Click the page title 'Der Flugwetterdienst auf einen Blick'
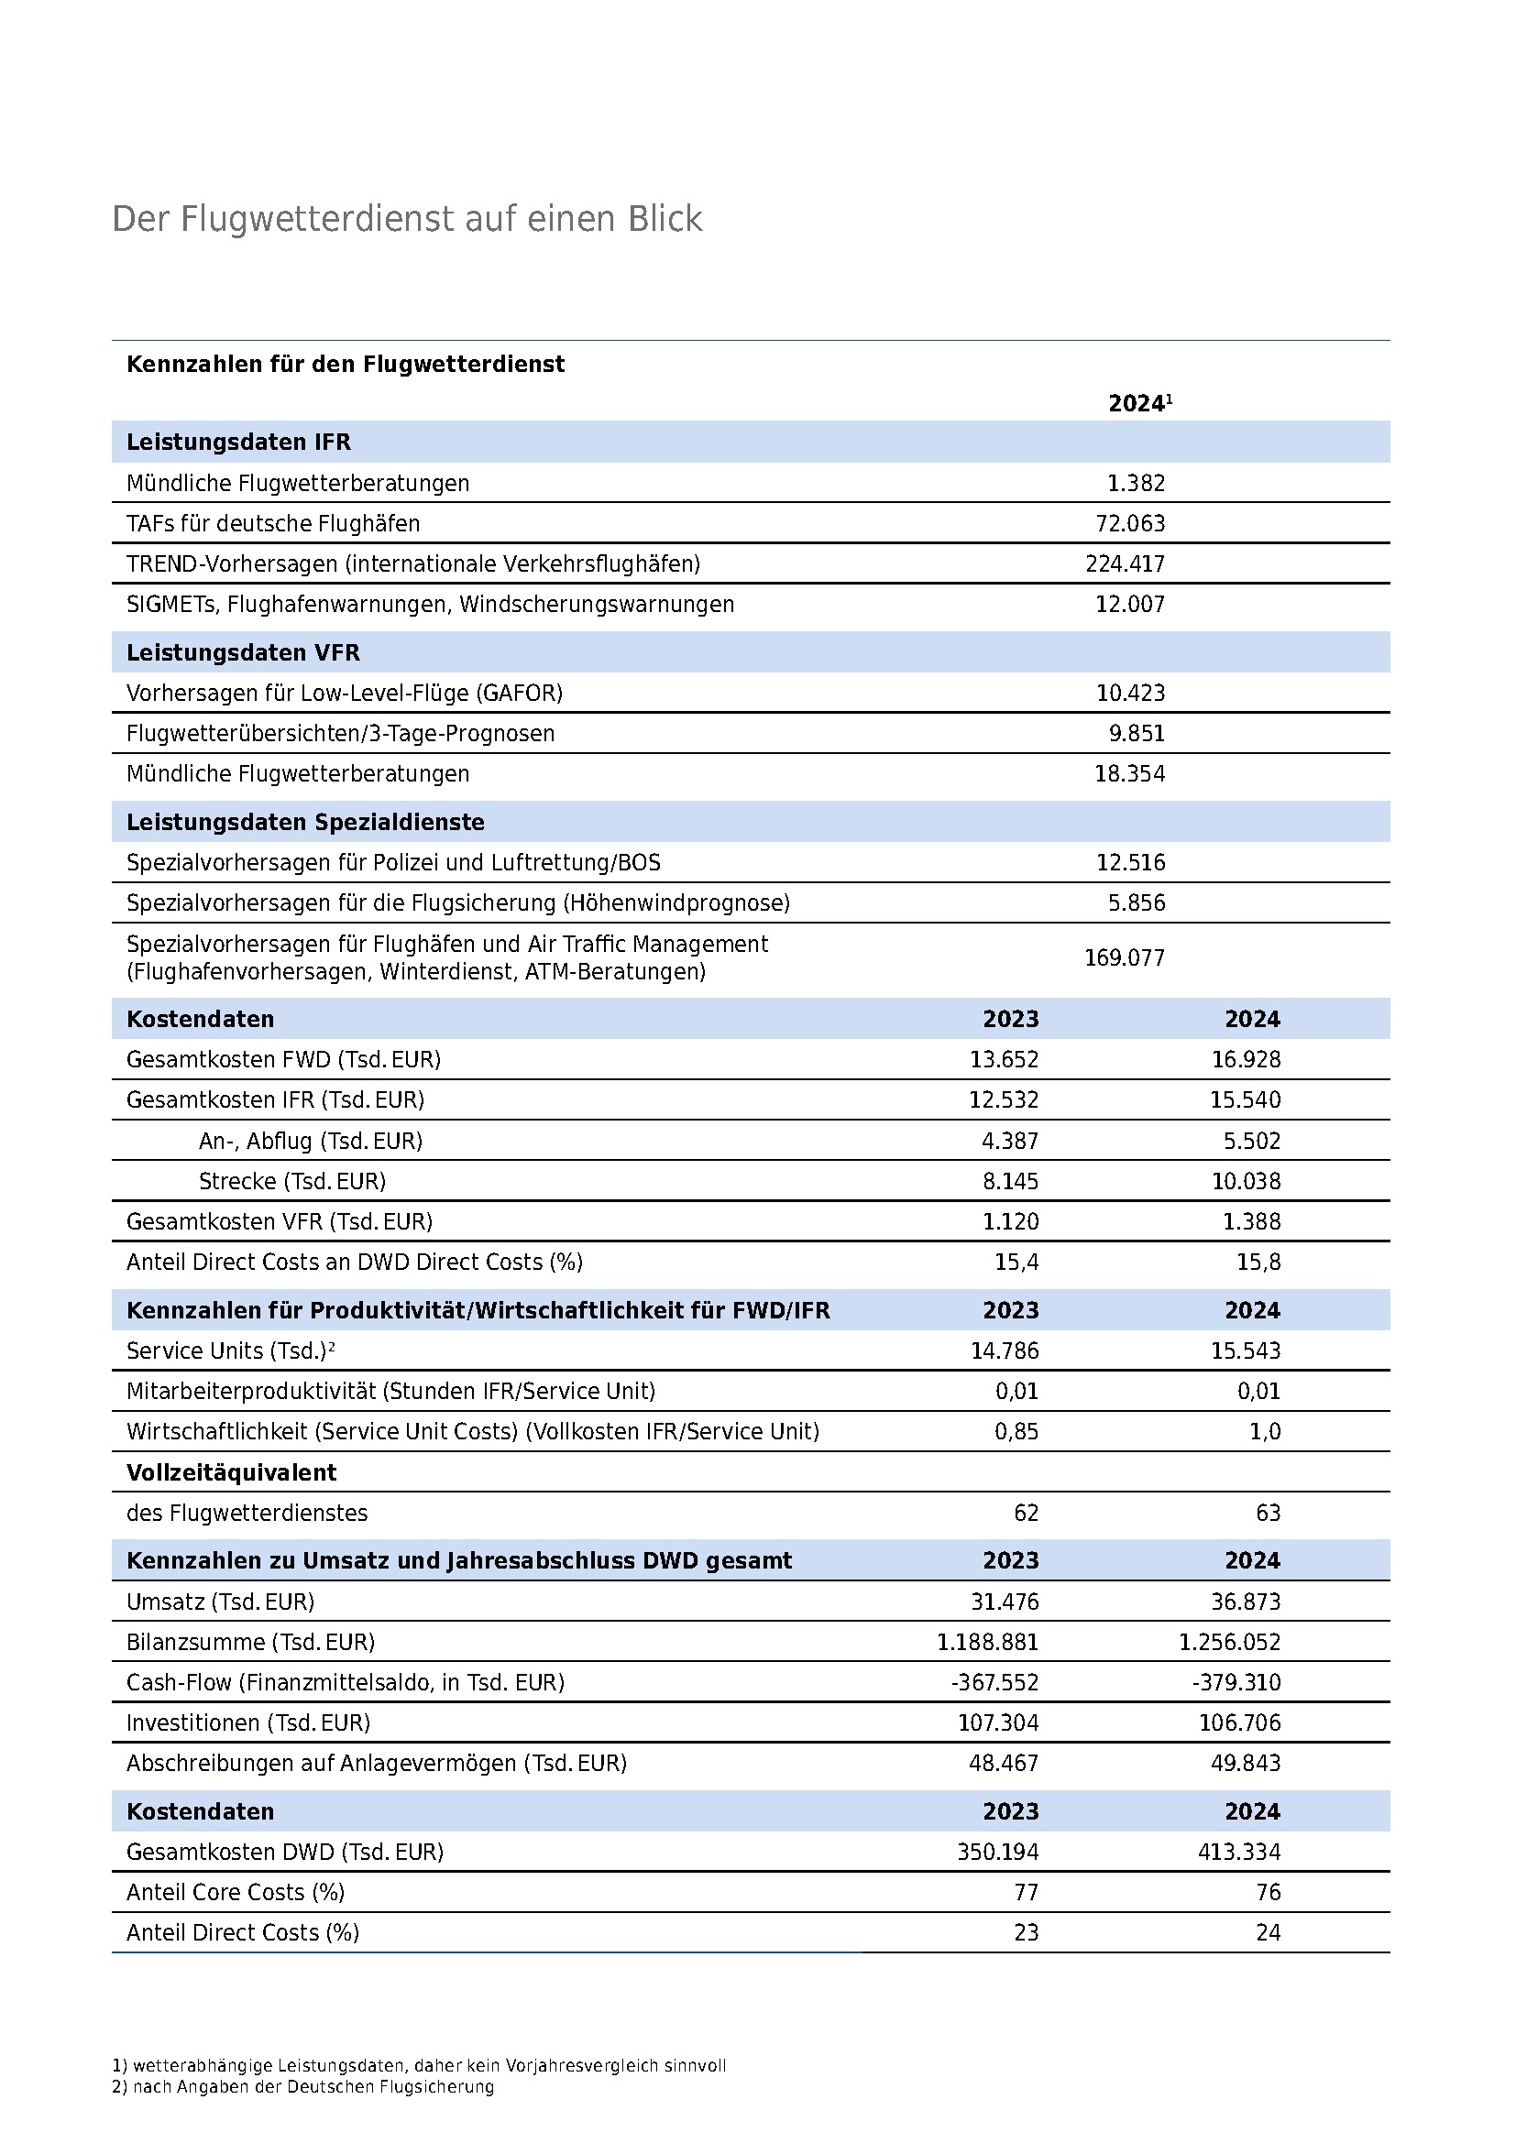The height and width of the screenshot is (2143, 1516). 407,219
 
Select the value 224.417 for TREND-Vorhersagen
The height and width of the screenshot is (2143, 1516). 1125,563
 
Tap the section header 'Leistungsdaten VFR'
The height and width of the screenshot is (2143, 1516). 243,652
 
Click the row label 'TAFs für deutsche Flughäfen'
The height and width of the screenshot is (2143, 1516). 273,524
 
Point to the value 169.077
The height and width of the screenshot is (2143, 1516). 1124,957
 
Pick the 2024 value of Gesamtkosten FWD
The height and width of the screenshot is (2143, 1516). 1246,1059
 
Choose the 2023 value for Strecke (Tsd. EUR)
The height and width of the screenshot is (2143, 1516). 1010,1181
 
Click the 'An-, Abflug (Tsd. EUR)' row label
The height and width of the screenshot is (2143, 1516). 310,1141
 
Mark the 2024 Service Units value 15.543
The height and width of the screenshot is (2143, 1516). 1246,1350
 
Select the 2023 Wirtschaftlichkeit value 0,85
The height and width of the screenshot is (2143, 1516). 1016,1431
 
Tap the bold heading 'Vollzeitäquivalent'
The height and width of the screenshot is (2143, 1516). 232,1472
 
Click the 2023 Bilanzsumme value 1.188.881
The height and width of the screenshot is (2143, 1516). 988,1642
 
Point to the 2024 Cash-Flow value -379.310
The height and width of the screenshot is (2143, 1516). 1236,1682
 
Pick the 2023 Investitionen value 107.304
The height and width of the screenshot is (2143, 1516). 998,1722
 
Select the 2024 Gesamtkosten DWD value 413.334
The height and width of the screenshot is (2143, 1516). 1239,1851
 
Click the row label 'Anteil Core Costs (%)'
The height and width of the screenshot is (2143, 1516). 236,1892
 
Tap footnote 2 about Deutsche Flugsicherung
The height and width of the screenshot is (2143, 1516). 302,2086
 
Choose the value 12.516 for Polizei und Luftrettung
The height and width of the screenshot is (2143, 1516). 1130,862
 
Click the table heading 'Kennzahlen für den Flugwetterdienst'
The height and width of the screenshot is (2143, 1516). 346,364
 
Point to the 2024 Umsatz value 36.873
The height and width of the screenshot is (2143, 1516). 1246,1602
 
